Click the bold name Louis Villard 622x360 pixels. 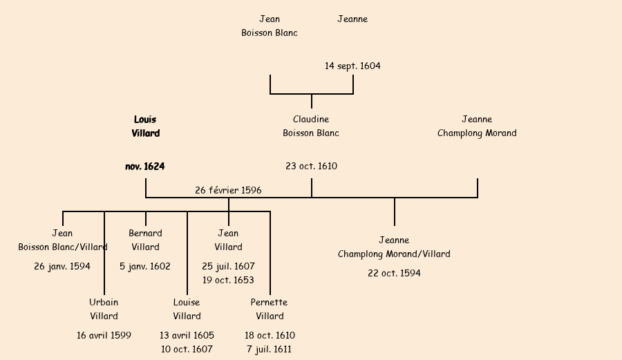pos(146,126)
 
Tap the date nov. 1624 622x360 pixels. pos(145,167)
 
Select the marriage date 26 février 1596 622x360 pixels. pos(228,190)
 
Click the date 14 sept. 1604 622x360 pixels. pos(352,66)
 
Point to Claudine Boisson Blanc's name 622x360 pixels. pos(311,126)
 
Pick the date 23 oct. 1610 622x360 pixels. pos(311,167)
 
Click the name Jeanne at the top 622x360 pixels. pos(352,19)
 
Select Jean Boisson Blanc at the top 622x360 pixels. pos(270,26)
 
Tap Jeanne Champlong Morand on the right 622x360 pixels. pos(477,126)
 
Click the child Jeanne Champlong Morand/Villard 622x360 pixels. pos(394,247)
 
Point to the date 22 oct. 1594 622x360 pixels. pos(394,274)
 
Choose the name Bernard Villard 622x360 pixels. pos(145,240)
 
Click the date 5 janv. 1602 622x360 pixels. pos(145,267)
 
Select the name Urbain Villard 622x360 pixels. pos(104,310)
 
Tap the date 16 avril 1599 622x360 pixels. pos(104,336)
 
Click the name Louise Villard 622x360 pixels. pos(187,310)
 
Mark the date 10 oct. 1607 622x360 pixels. pos(187,350)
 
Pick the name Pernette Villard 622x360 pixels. pos(270,310)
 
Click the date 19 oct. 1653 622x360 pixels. pos(228,281)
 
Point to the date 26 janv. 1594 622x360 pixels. pos(62,267)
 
